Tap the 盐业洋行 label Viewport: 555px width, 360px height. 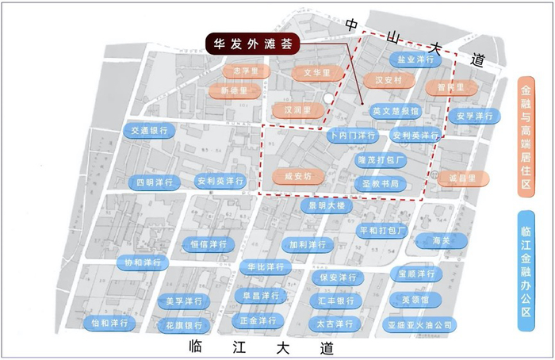(416, 60)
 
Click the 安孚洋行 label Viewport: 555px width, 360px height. (474, 117)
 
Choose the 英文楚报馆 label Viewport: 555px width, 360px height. (395, 112)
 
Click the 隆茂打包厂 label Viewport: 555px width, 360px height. (381, 160)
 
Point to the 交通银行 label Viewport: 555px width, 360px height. (149, 131)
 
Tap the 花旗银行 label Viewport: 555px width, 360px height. (183, 326)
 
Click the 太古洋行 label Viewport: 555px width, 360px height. (335, 324)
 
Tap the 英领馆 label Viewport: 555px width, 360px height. (415, 300)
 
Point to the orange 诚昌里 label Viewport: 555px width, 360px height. (457, 178)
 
